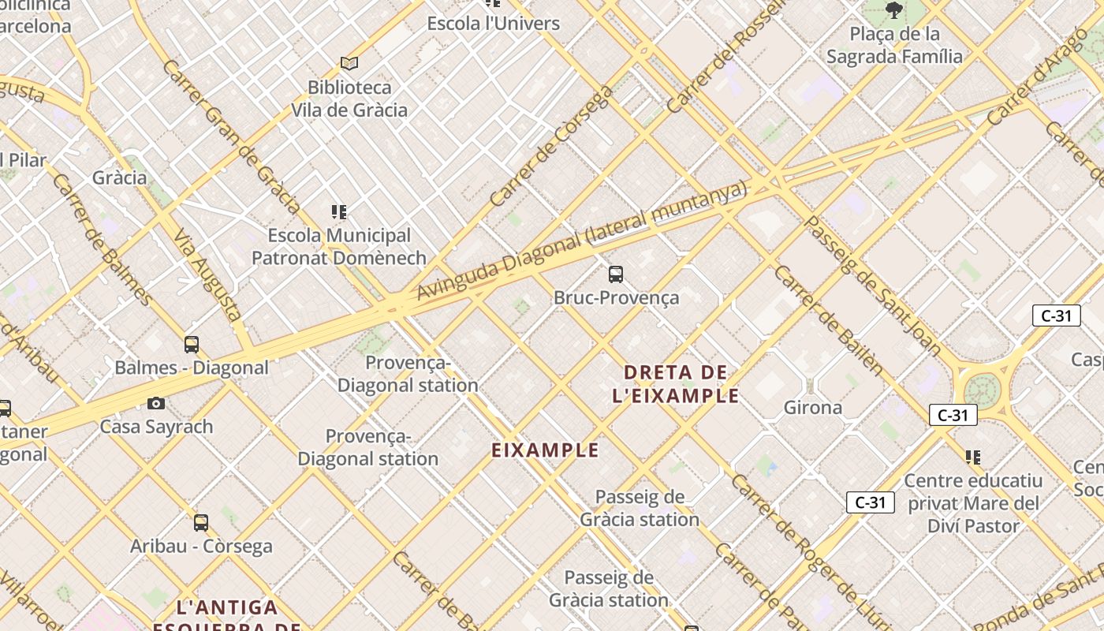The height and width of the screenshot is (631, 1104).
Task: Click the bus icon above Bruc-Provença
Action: coord(616,274)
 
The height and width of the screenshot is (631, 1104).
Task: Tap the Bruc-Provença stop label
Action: coord(616,298)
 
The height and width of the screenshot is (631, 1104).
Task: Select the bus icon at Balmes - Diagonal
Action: coord(192,344)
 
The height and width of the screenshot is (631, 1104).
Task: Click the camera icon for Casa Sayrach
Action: coord(156,404)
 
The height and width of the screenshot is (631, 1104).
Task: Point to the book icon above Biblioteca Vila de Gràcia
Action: coord(349,63)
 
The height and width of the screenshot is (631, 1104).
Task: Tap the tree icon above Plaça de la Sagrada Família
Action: coord(893,10)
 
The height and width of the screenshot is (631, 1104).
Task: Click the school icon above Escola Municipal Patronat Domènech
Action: coord(339,211)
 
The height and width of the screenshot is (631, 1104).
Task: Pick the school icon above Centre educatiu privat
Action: coord(973,457)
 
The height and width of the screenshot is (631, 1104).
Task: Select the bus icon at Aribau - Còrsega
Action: coord(201,522)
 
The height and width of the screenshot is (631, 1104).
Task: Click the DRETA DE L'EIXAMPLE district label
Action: coord(676,383)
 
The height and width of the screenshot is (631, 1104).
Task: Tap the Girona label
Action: coord(813,408)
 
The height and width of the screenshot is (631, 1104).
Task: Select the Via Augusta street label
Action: coord(207,274)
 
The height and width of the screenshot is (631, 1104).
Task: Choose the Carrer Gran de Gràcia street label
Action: coord(231,136)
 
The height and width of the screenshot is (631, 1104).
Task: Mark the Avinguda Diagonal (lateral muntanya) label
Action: coord(581,241)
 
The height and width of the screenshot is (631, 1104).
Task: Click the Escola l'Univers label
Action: coord(494,24)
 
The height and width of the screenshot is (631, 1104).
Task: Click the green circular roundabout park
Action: coord(982,389)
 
